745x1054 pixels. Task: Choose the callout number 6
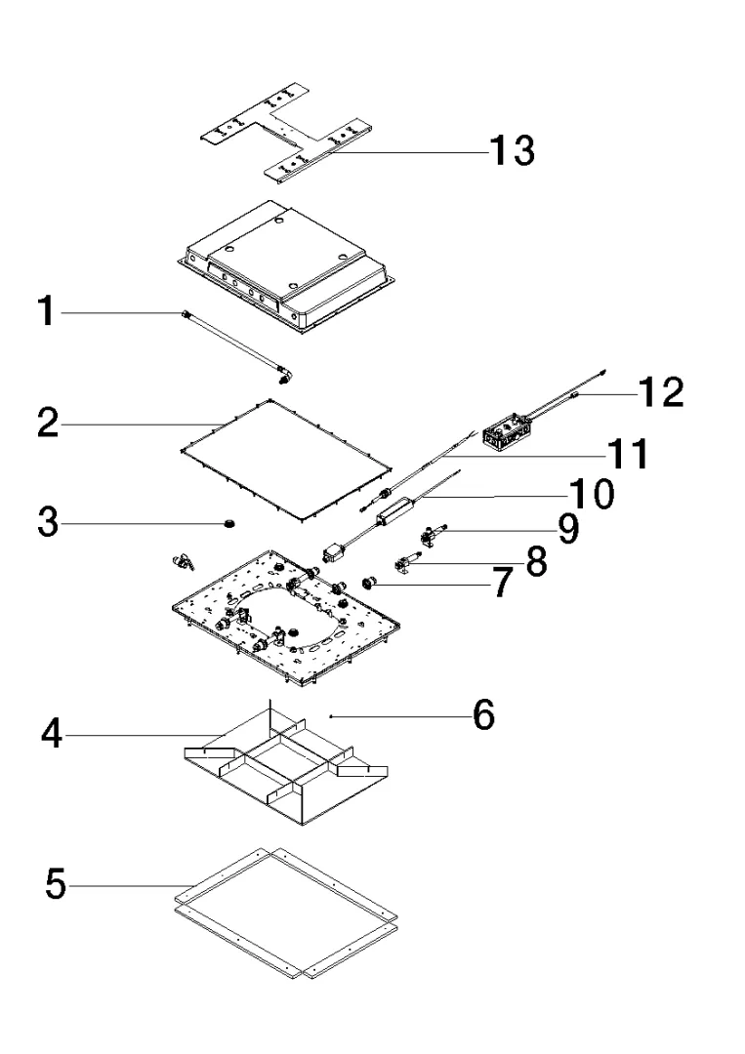483,716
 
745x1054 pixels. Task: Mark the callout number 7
500,584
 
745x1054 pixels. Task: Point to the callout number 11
625,453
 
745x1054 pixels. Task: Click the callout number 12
660,392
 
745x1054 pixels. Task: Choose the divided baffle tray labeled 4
283,771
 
